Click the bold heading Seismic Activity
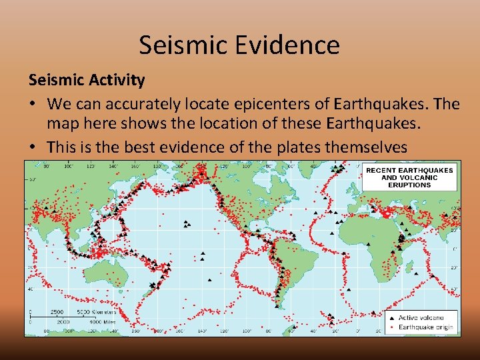coord(86,81)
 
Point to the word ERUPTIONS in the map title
coord(409,185)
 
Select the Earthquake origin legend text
coord(425,327)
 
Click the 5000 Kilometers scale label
coord(97,312)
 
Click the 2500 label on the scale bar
coord(58,312)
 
